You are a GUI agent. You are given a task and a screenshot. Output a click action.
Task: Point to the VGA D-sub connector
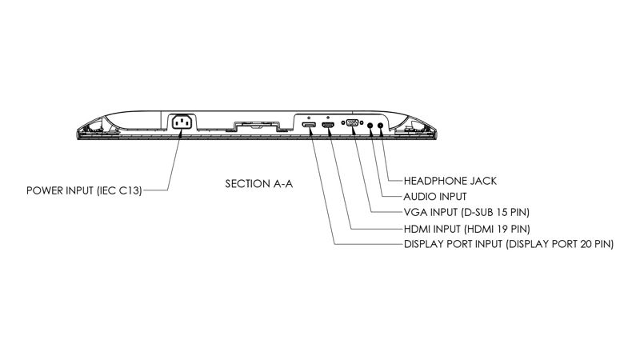coord(350,124)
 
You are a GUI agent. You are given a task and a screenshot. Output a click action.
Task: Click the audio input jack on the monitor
coord(370,125)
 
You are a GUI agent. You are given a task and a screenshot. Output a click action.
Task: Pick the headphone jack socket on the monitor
coord(381,125)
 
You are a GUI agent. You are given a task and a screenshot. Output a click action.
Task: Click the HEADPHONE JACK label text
coord(450,181)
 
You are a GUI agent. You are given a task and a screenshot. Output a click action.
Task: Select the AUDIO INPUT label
coord(435,196)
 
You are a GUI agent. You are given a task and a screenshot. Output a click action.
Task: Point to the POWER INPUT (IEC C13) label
coord(85,191)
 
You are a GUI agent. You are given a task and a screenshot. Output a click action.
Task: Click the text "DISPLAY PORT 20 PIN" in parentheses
coord(560,243)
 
